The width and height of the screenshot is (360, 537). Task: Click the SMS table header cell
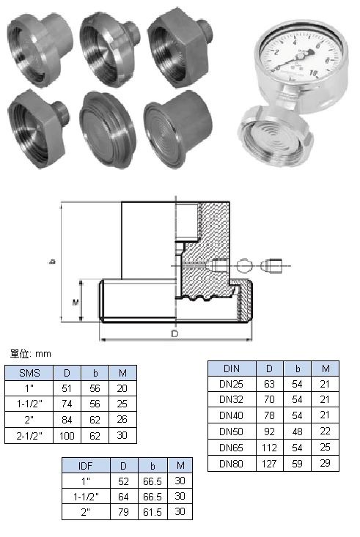click(x=29, y=373)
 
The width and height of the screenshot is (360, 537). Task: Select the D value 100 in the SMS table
click(x=67, y=436)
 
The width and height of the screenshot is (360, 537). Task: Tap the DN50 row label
click(x=231, y=432)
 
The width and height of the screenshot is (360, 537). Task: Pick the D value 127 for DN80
click(x=269, y=464)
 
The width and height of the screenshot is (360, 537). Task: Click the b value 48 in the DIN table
click(x=297, y=432)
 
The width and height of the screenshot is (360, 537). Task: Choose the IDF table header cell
click(x=86, y=466)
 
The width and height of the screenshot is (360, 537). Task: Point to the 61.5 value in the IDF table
click(x=153, y=512)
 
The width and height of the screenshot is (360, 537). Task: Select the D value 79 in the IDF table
click(x=123, y=512)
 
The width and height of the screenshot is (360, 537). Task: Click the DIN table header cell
click(x=232, y=369)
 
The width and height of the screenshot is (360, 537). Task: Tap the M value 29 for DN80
click(x=325, y=463)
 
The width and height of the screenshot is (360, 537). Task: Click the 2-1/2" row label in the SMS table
click(x=29, y=436)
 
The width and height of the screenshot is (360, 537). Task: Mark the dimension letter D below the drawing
click(x=175, y=333)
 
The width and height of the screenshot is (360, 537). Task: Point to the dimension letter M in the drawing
click(x=76, y=303)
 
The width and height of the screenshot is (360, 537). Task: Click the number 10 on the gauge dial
click(x=313, y=73)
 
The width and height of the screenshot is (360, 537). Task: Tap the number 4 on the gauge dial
click(x=295, y=42)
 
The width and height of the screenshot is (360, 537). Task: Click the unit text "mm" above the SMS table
click(x=43, y=354)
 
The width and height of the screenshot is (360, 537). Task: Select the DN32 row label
click(x=231, y=399)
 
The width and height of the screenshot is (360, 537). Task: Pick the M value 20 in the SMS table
click(x=122, y=388)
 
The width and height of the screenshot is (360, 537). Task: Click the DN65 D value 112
click(x=269, y=448)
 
